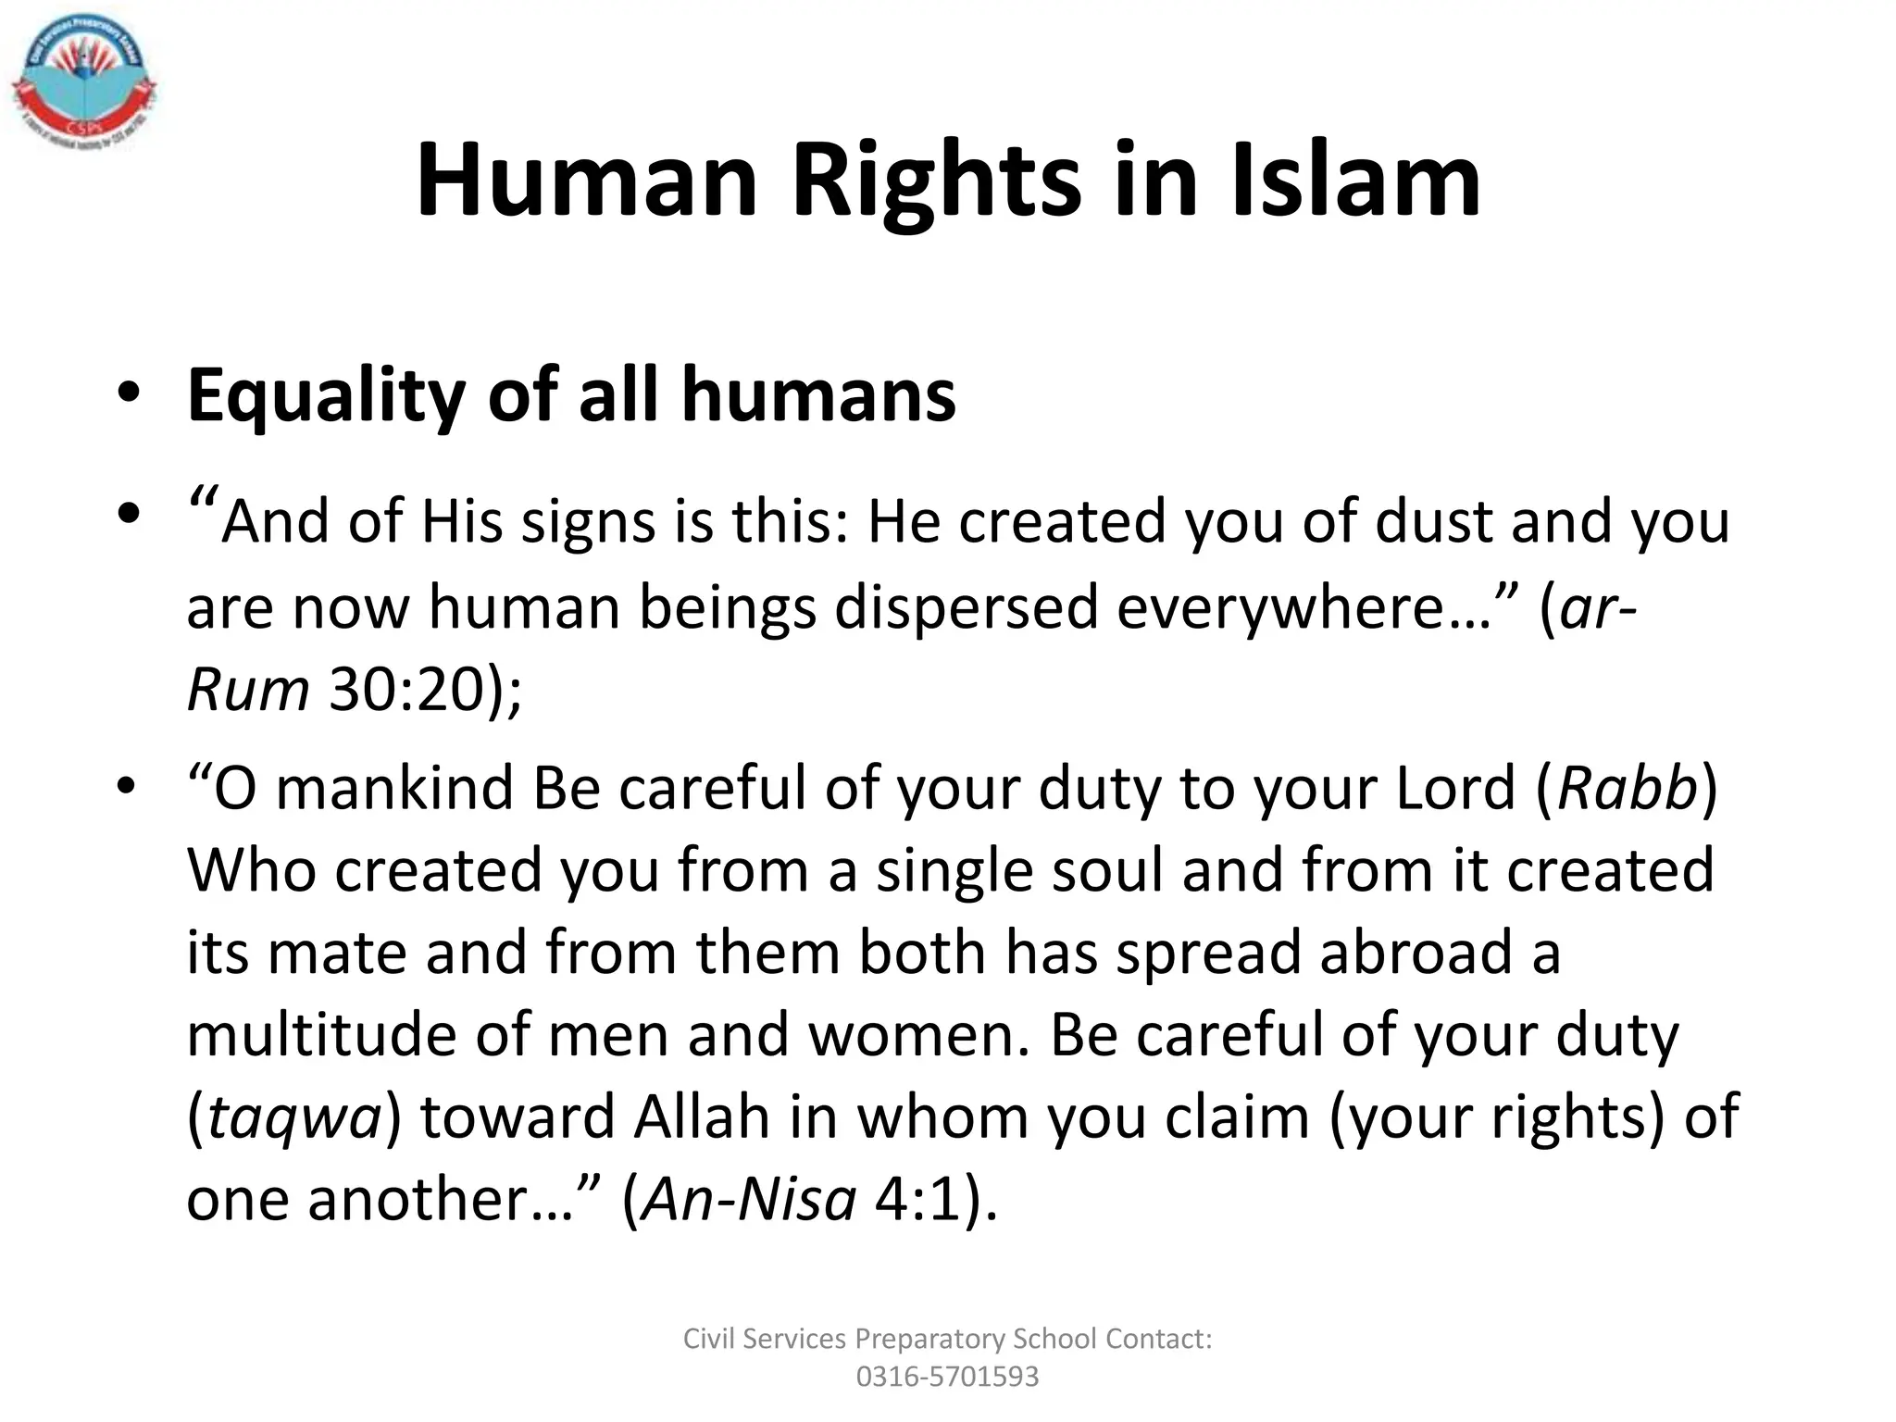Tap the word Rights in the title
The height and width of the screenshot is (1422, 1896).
[935, 182]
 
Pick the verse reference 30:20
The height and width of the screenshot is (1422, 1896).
[406, 690]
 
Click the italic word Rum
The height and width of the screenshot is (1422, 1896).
[247, 690]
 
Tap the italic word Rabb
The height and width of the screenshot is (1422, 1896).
[1628, 789]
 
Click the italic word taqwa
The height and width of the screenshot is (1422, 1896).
[294, 1117]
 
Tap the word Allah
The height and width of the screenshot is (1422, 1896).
[701, 1116]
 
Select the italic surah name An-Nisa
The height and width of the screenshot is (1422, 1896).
[748, 1199]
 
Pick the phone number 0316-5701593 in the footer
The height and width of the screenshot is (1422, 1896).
[947, 1377]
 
